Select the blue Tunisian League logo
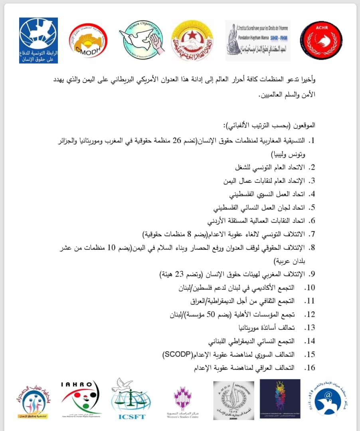point(38,40)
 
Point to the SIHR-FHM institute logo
point(258,40)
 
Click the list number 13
point(310,328)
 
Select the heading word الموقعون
point(305,125)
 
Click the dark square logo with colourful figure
point(280,399)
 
